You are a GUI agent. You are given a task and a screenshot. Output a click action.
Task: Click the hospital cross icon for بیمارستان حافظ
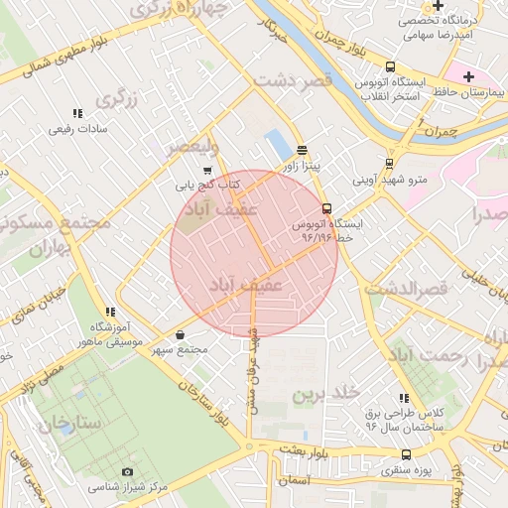(x=468, y=76)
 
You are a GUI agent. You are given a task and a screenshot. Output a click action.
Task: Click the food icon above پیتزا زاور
(x=302, y=150)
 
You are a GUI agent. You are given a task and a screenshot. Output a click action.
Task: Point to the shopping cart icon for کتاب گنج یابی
(x=206, y=170)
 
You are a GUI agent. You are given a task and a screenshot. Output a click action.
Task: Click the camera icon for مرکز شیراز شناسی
(x=127, y=471)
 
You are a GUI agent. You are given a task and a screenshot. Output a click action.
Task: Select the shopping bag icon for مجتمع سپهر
(x=180, y=334)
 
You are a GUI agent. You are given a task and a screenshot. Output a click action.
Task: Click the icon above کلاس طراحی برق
(x=403, y=397)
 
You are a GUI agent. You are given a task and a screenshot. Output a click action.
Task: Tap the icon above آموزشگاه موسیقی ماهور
(x=109, y=312)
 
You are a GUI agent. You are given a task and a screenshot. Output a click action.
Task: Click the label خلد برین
(x=321, y=394)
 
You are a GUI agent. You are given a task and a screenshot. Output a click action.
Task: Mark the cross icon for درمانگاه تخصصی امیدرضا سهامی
(x=438, y=6)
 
